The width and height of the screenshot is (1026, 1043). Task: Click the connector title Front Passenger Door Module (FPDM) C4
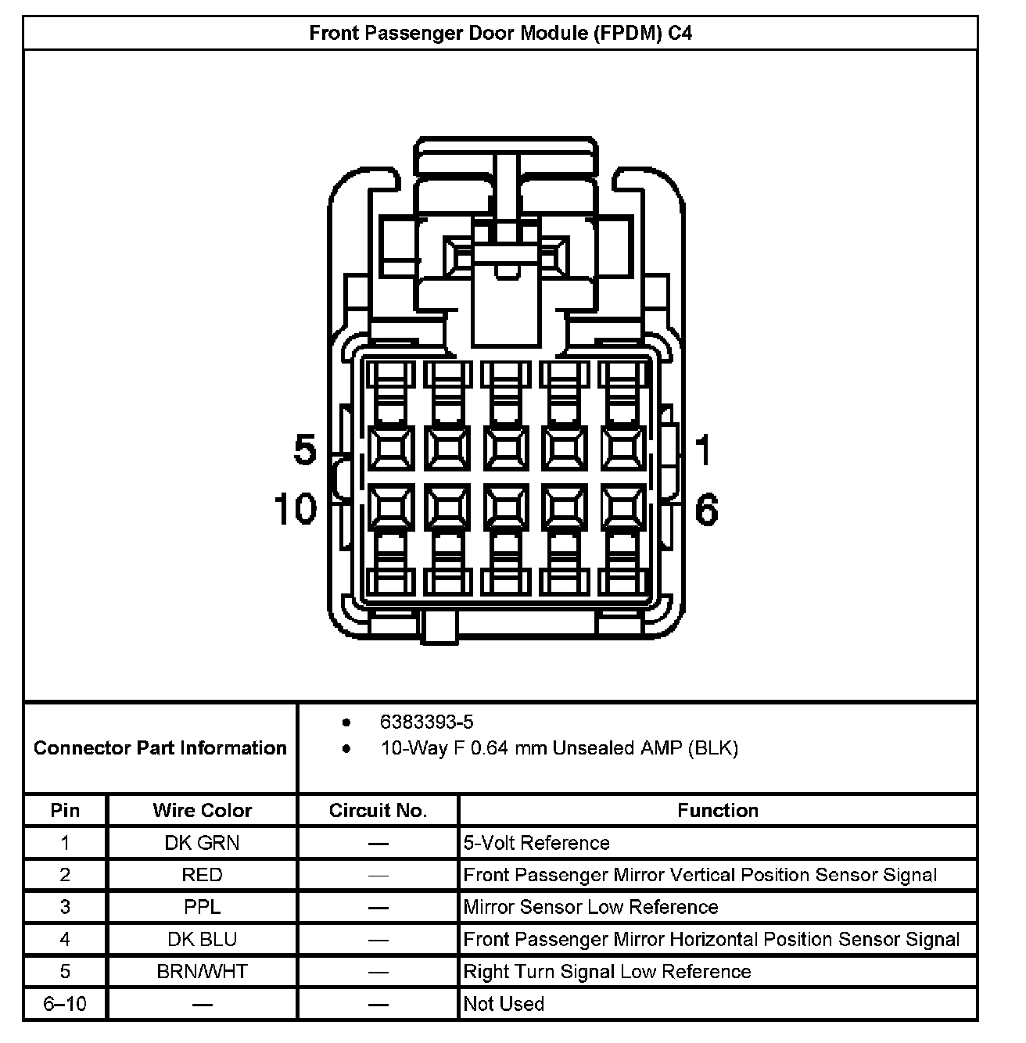tap(500, 34)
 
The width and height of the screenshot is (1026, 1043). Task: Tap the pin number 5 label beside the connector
tap(304, 450)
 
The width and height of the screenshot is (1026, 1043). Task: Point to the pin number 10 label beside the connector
tap(296, 509)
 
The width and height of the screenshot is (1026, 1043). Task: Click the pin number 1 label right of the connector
tap(704, 450)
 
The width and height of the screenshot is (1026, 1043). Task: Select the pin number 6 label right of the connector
tap(706, 510)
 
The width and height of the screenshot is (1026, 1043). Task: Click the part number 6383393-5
tap(426, 722)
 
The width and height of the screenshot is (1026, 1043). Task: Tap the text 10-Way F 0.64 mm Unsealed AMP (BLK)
tap(559, 748)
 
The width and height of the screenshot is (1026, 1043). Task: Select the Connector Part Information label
tap(160, 748)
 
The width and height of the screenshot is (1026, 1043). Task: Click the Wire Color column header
tap(203, 811)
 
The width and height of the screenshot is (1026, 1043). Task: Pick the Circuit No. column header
tap(378, 811)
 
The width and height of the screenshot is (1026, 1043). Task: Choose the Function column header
tap(718, 811)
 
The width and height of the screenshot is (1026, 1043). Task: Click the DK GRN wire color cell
tap(203, 843)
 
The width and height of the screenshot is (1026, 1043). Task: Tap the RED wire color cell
tap(203, 875)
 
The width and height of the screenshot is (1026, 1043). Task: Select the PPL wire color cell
tap(203, 907)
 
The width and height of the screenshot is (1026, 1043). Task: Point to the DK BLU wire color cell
tap(203, 939)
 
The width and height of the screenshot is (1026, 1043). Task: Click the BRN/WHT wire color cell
tap(203, 971)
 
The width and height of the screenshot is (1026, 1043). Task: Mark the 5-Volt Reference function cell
tap(536, 843)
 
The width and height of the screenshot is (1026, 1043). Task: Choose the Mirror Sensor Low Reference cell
tap(590, 907)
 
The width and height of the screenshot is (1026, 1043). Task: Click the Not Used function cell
tap(504, 1004)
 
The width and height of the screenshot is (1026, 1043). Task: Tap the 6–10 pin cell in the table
tap(65, 1004)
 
